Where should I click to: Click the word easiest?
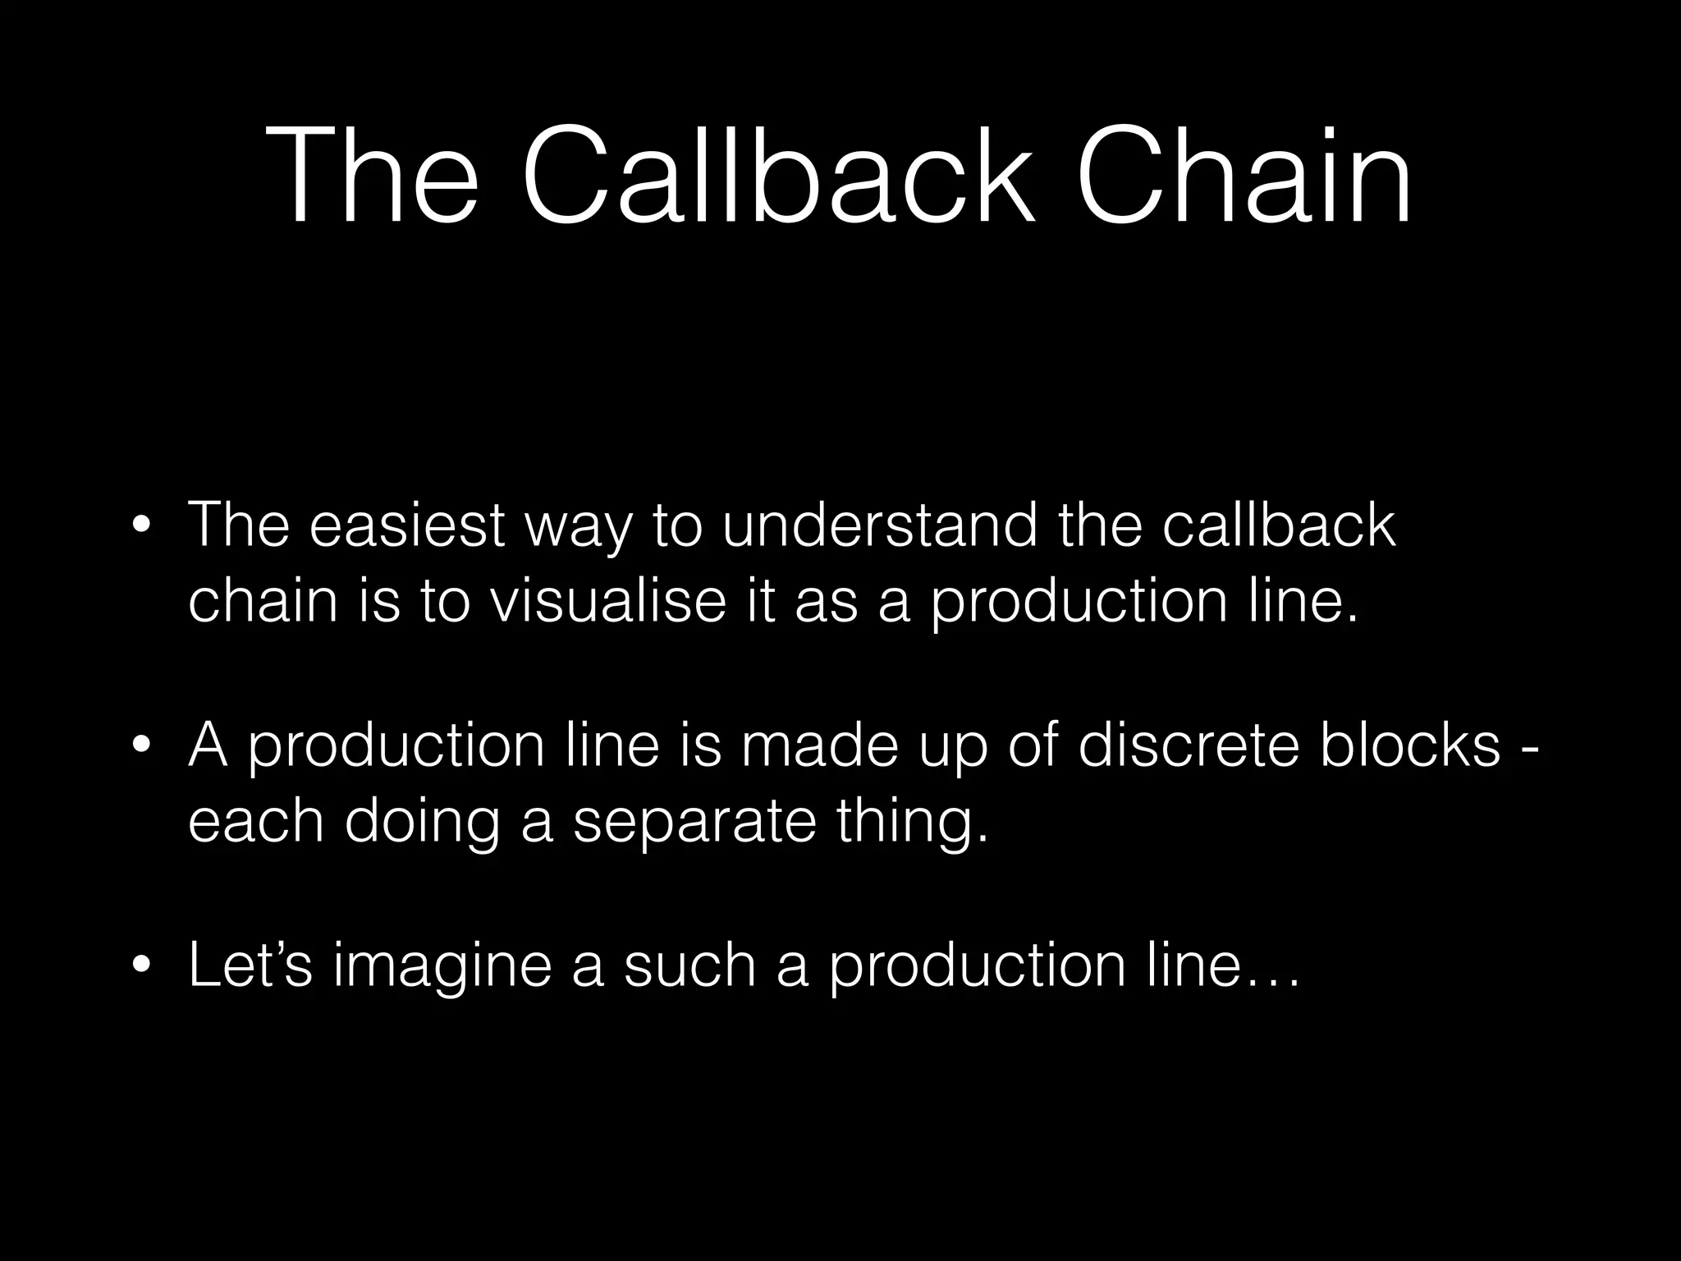coord(406,525)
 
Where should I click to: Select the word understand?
coord(880,525)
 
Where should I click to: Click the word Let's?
coord(250,965)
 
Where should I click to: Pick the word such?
coord(689,965)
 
